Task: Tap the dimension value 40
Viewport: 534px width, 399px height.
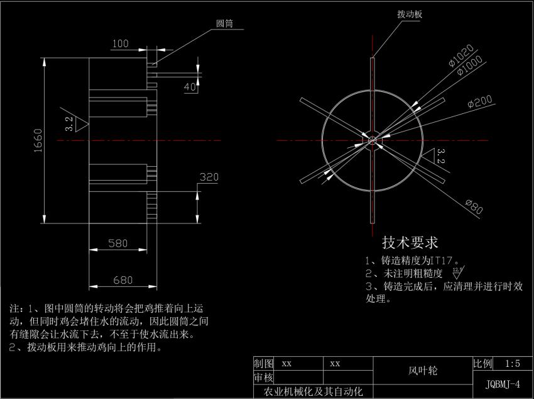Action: coord(190,87)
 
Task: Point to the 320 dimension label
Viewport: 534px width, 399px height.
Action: coord(209,177)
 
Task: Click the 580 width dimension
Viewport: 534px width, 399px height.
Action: coord(119,244)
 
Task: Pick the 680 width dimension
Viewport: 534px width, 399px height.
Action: coord(123,279)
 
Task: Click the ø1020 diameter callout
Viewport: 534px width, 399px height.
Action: coord(461,55)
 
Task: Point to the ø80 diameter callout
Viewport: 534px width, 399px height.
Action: coord(474,206)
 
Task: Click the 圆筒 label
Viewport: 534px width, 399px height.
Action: coord(224,23)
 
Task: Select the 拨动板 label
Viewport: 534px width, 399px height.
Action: coord(410,13)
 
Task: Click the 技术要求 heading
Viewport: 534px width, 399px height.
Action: coord(410,242)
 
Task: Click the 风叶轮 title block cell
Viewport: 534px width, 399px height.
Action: coord(423,371)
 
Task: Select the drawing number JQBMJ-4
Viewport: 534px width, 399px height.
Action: coord(503,384)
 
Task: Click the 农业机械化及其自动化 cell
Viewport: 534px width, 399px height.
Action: coord(313,391)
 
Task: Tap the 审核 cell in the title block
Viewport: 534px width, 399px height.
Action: coord(263,378)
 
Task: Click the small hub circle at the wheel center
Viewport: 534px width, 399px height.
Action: coord(373,140)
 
